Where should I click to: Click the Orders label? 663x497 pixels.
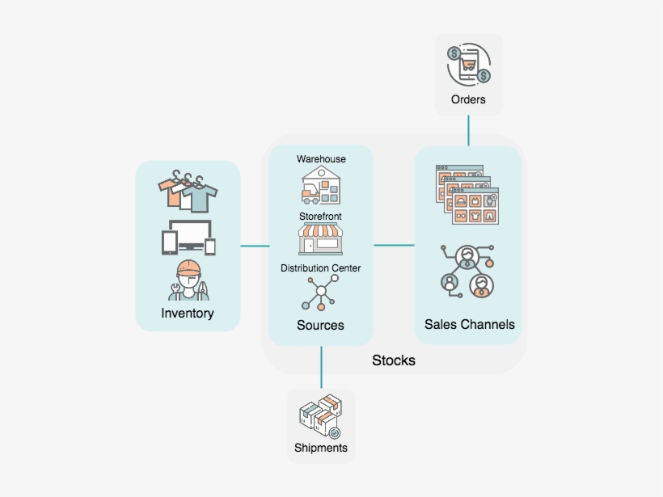pos(469,99)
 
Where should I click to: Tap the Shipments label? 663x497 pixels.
pos(321,448)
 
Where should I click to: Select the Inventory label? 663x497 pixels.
pos(188,313)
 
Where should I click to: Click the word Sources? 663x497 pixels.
pos(320,325)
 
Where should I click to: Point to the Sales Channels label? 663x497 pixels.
pos(469,324)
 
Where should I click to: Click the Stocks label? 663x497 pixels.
pos(394,360)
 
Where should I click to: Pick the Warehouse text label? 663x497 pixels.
pos(321,159)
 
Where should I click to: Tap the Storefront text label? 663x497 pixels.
pos(320,217)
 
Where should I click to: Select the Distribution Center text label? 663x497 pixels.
pos(321,267)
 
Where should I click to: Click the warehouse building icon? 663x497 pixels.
pos(321,187)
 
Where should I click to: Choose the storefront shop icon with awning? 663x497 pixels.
pos(321,241)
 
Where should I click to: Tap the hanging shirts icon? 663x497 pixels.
pos(188,192)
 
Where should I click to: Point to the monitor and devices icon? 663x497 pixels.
pos(188,237)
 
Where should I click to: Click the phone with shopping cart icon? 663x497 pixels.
pos(469,65)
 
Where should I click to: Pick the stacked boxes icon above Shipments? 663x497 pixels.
pos(320,417)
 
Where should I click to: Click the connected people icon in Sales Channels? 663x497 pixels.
pos(467,271)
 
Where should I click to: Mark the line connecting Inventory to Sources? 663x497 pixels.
pos(254,246)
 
